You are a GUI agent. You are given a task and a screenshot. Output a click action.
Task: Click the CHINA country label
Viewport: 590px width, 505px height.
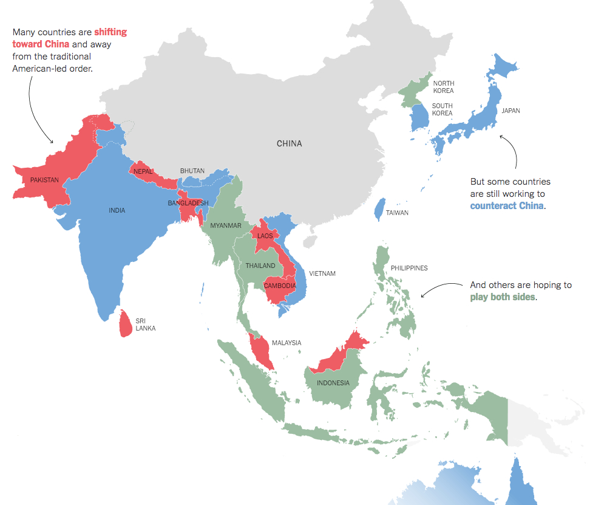click(x=289, y=144)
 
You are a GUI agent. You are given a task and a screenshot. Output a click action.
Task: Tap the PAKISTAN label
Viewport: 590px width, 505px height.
click(x=44, y=180)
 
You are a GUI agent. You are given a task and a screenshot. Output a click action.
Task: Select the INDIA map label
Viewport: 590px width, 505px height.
click(x=117, y=210)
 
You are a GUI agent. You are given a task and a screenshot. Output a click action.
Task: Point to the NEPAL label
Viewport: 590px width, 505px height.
click(x=143, y=171)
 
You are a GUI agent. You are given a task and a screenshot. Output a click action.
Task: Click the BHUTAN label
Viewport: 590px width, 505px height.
click(x=192, y=171)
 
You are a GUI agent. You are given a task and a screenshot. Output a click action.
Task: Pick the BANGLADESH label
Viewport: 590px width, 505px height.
click(x=188, y=203)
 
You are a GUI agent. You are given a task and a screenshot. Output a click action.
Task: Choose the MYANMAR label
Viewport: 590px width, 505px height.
click(x=226, y=225)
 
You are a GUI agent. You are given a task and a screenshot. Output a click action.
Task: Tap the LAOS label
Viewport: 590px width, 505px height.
click(x=265, y=236)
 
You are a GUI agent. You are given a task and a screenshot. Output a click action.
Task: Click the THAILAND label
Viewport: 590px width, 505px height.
click(x=260, y=266)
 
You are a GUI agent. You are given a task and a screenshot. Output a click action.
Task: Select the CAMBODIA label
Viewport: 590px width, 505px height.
click(x=280, y=286)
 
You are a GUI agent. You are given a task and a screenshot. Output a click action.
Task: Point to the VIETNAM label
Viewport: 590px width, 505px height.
click(x=322, y=273)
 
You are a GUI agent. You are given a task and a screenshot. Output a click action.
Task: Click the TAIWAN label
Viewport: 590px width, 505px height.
click(x=397, y=213)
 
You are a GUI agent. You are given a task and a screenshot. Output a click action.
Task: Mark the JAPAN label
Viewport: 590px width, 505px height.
click(x=510, y=111)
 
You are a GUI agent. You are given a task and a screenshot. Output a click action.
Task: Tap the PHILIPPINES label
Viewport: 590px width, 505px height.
click(x=409, y=267)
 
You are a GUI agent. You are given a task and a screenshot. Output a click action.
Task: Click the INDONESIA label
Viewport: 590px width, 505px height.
click(x=333, y=383)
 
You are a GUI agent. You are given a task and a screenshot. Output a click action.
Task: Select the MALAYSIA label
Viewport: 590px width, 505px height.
click(x=287, y=343)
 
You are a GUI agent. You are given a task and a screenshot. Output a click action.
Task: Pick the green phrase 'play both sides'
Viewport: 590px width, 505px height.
click(x=503, y=297)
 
